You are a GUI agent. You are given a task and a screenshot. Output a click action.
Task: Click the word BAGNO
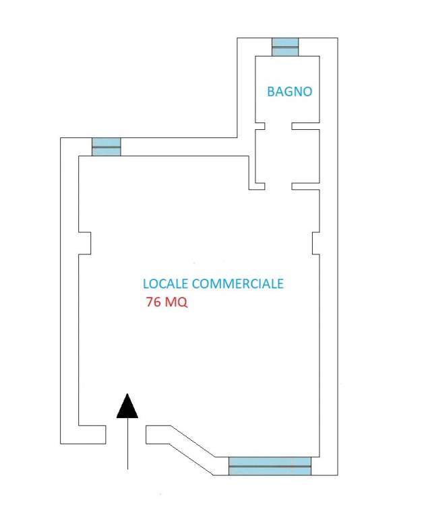click(x=289, y=92)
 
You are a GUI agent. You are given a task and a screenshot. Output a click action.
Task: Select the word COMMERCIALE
click(x=237, y=283)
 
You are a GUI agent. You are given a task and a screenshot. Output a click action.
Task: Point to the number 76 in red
click(x=154, y=302)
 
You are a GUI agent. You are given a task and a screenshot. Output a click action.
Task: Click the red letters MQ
click(x=177, y=302)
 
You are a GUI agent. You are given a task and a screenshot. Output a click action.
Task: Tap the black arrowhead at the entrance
click(x=127, y=406)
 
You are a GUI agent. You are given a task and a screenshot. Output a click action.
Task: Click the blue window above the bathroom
click(x=285, y=47)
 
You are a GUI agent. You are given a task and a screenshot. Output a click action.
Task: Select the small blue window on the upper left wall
click(x=106, y=147)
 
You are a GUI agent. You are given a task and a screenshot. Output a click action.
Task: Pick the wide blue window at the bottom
click(x=270, y=467)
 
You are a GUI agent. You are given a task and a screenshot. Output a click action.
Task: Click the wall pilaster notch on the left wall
click(x=84, y=243)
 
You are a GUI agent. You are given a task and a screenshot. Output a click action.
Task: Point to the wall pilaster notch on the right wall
click(x=316, y=243)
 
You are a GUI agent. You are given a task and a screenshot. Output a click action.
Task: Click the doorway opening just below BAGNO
click(x=278, y=126)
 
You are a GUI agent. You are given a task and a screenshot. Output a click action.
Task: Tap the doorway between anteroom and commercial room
click(x=278, y=186)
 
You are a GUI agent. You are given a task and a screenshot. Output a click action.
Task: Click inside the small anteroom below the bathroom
click(x=287, y=156)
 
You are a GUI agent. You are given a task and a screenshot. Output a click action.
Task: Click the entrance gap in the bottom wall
click(x=126, y=435)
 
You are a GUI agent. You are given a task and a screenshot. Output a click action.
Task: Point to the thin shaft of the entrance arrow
click(x=127, y=444)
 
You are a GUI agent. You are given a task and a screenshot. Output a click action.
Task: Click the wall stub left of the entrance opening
click(x=92, y=435)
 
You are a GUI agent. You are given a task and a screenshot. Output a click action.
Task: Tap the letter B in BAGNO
click(x=271, y=92)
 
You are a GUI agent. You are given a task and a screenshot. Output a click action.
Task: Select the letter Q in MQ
click(x=182, y=302)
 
